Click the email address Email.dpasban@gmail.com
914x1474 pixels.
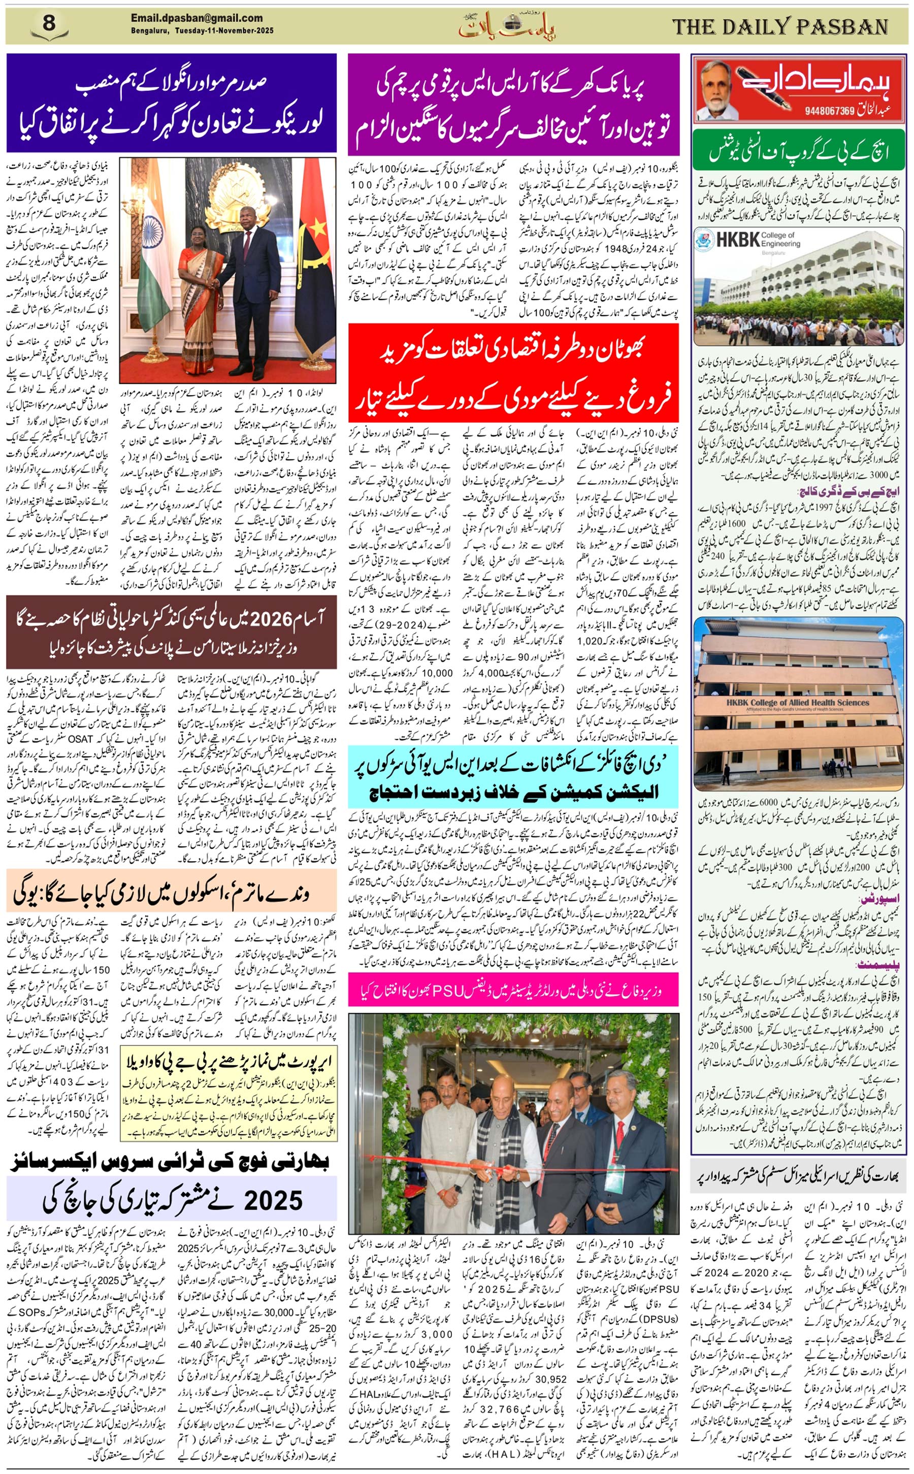197,18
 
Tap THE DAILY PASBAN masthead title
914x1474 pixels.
779,26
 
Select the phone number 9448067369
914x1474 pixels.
829,111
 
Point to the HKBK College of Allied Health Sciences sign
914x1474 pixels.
797,703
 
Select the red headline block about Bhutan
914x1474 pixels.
513,372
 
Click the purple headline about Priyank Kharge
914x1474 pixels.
513,104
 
